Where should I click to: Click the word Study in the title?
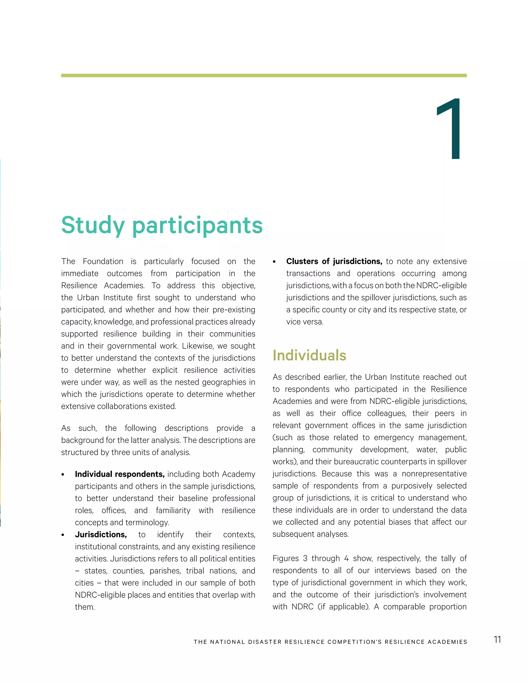point(93,226)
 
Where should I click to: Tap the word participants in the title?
point(197,226)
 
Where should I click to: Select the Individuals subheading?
point(309,355)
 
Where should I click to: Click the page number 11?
point(497,639)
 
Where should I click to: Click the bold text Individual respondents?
point(119,474)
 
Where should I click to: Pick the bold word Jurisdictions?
point(101,535)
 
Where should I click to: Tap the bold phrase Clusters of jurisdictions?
point(334,261)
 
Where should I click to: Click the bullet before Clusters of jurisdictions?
point(274,262)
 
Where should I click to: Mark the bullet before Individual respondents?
point(63,475)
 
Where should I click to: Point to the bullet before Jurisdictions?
point(63,535)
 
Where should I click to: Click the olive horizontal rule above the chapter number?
point(264,75)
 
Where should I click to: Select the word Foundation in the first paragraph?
point(103,261)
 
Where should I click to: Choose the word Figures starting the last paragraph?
point(286,559)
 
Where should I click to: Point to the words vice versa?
point(304,322)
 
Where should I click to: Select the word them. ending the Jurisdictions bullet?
point(85,607)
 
